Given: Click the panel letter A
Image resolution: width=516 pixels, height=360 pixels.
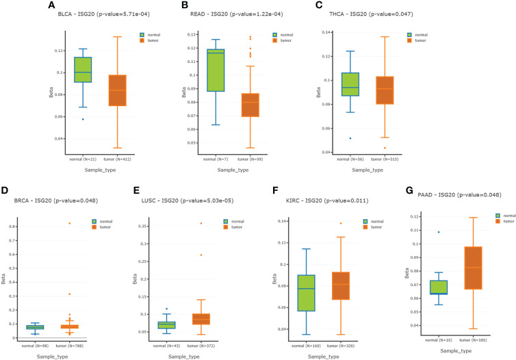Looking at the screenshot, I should tap(51, 5).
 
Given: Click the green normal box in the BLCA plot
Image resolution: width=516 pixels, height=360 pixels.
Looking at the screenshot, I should tap(83, 70).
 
